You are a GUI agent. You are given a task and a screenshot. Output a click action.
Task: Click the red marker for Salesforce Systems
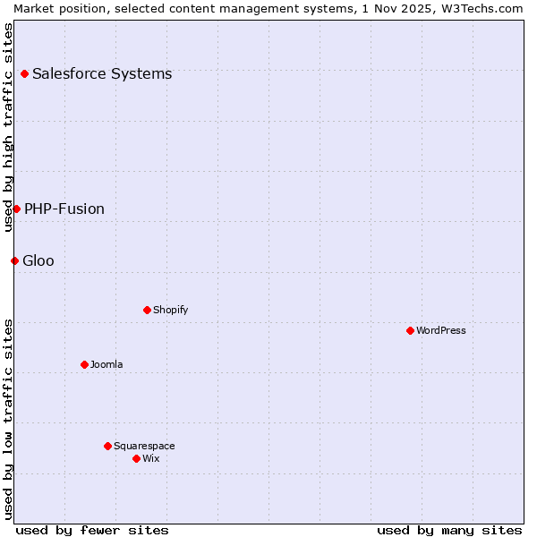tap(24, 73)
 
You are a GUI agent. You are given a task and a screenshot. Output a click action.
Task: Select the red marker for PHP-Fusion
tap(16, 209)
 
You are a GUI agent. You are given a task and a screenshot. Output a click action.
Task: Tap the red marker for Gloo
tap(14, 260)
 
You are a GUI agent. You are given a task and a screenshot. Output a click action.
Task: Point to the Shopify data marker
tap(147, 310)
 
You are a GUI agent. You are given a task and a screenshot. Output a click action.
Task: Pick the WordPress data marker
tap(410, 330)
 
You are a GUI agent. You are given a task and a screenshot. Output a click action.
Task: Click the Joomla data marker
tap(84, 364)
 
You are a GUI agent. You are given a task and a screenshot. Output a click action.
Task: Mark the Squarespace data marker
tap(107, 446)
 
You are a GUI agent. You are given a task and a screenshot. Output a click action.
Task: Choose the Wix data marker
tap(136, 458)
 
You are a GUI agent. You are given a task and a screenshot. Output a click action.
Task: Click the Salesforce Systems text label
tap(102, 73)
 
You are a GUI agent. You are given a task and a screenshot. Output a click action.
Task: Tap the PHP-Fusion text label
tap(64, 209)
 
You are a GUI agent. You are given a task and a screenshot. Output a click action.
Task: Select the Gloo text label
tap(38, 260)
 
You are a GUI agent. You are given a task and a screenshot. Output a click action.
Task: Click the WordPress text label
tap(441, 330)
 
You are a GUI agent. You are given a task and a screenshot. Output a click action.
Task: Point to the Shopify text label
tap(171, 310)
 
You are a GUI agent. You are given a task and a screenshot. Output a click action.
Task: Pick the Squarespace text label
tap(144, 446)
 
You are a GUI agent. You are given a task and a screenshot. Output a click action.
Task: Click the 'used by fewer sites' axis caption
tap(92, 530)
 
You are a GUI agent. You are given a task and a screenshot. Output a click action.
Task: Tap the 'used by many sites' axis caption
tap(449, 530)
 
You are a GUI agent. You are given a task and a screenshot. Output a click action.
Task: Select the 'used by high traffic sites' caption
tap(8, 127)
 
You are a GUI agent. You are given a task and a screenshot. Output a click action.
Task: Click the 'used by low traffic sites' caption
tap(8, 419)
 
